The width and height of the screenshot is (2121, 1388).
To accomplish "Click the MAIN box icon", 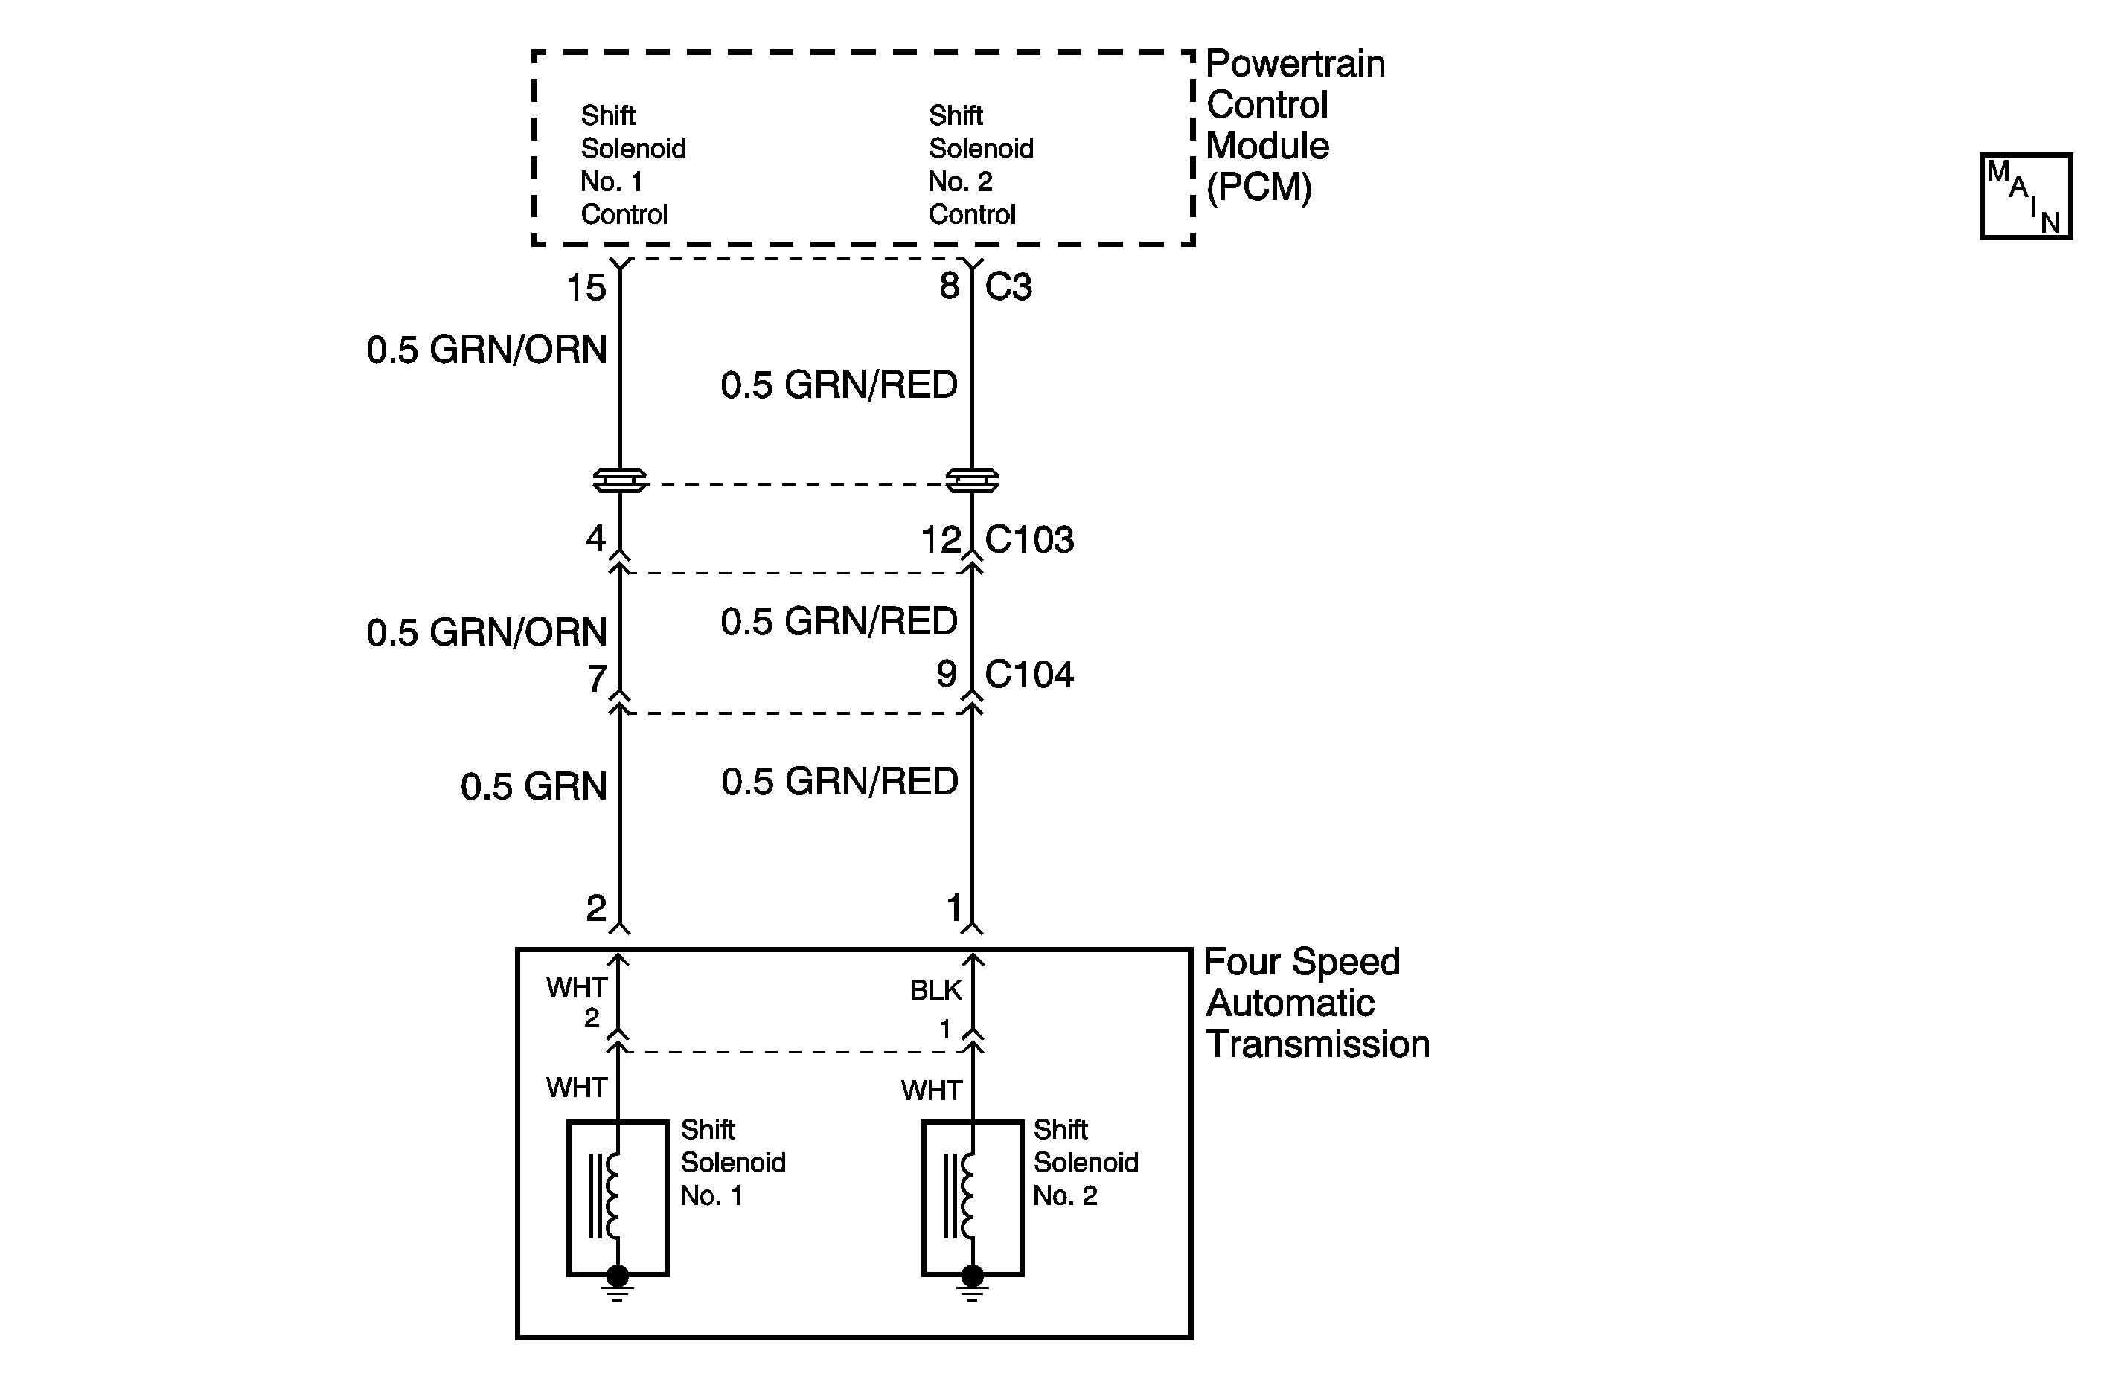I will click(x=2026, y=196).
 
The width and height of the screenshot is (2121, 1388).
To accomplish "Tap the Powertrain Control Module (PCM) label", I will click(x=1294, y=125).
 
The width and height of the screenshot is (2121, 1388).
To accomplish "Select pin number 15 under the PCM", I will click(x=586, y=288).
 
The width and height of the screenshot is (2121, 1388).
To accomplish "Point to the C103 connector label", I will click(x=1029, y=540).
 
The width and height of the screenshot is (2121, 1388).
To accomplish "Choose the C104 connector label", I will click(x=1029, y=675).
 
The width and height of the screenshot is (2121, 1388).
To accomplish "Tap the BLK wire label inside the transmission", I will click(x=935, y=990).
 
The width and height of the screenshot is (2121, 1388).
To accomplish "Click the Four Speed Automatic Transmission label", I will click(x=1314, y=1003).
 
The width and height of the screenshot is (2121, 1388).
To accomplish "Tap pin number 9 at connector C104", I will click(x=947, y=675).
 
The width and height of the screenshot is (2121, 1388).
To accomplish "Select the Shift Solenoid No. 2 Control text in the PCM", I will click(x=980, y=165).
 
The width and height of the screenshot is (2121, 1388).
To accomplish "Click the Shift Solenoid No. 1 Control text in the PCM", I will click(x=633, y=165).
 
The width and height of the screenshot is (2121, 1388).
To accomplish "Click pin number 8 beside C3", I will click(x=950, y=286).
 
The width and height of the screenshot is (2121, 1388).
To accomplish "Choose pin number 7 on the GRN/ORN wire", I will click(x=597, y=680).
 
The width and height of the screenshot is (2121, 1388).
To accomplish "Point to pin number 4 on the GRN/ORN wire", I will click(x=596, y=538).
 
